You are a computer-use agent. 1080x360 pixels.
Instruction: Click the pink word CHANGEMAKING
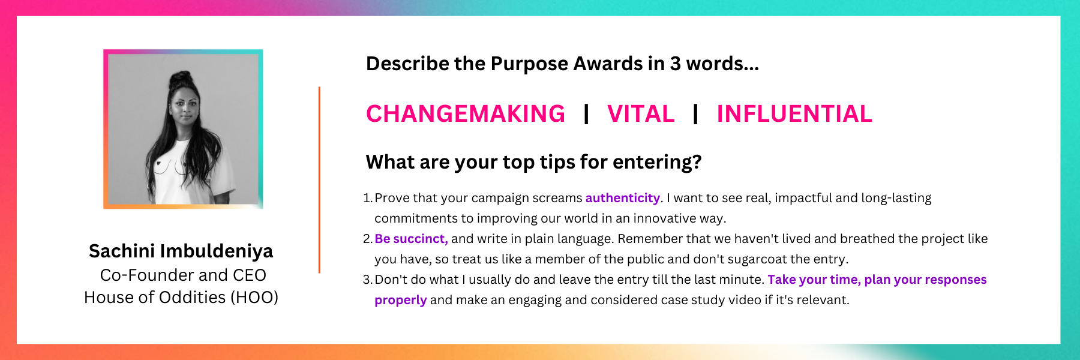(x=466, y=114)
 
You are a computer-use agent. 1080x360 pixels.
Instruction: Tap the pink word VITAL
(x=641, y=114)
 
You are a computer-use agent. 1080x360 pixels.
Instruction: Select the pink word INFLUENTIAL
(x=794, y=114)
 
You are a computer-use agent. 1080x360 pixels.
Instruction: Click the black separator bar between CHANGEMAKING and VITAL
(x=586, y=114)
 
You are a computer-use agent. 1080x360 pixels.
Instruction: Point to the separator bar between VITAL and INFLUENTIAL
(x=695, y=114)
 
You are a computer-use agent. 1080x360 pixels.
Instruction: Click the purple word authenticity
(x=623, y=198)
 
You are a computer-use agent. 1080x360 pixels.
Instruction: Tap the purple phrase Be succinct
(x=411, y=239)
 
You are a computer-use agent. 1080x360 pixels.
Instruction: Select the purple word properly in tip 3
(x=400, y=300)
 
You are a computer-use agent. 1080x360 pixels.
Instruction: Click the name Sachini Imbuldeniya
(x=181, y=251)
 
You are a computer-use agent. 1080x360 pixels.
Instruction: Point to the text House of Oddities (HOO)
(x=181, y=297)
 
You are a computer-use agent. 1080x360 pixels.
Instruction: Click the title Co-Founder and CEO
(x=183, y=275)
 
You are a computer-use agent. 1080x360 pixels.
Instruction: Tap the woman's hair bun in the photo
(x=180, y=80)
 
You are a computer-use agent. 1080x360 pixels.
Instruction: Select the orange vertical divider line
(x=319, y=180)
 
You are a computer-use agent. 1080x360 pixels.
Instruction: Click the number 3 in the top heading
(x=675, y=64)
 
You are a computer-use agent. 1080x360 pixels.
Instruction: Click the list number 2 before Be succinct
(x=367, y=239)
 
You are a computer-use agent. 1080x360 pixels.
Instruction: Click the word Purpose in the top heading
(x=529, y=64)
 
